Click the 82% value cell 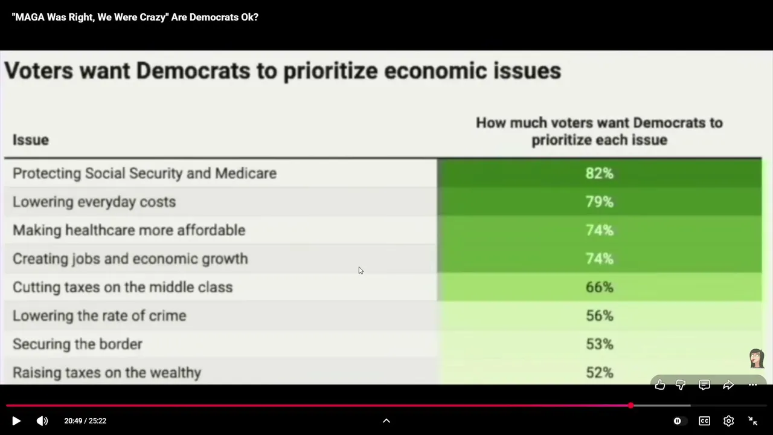(x=600, y=173)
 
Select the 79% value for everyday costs (x=600, y=202)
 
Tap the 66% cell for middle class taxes (x=600, y=287)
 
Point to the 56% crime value (x=600, y=315)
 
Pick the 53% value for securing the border (x=600, y=344)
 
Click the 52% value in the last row (x=600, y=373)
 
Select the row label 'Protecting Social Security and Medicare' (x=144, y=173)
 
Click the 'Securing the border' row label (x=77, y=344)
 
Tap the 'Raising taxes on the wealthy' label (x=107, y=373)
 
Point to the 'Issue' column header (x=31, y=140)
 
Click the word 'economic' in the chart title (x=435, y=71)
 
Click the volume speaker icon (x=42, y=421)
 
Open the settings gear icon (x=728, y=421)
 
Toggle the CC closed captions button (x=704, y=421)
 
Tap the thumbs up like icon (x=660, y=385)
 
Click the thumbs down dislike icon (x=681, y=385)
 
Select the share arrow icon (x=728, y=385)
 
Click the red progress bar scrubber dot (x=631, y=405)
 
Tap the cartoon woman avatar (x=757, y=358)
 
